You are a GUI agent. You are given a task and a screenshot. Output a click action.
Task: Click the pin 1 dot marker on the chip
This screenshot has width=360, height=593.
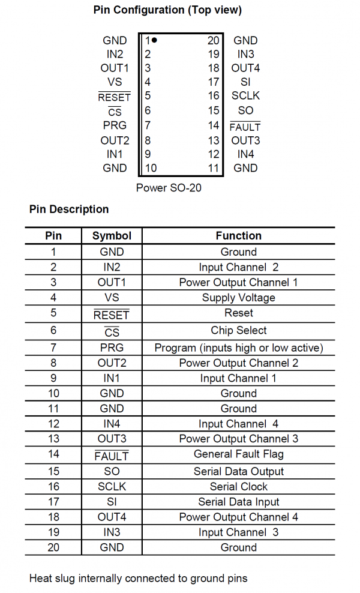coord(155,40)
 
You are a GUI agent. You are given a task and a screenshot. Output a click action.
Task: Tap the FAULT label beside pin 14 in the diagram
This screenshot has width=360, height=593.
coord(245,127)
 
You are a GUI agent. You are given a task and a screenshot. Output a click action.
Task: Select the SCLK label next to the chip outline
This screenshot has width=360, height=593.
coord(245,95)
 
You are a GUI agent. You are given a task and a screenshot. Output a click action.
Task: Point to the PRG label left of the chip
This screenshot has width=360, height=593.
coord(115,125)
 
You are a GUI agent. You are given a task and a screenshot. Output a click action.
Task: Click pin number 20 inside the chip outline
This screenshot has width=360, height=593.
coord(213,41)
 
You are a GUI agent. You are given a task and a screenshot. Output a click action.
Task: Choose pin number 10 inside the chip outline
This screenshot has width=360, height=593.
coord(151,169)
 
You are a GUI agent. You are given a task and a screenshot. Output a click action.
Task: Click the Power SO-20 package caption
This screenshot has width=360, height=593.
coord(169,188)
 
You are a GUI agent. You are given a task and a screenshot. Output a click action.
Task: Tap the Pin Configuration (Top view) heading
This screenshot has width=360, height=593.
coord(168,10)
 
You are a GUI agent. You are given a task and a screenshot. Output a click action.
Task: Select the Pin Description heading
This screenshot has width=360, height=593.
coord(69,209)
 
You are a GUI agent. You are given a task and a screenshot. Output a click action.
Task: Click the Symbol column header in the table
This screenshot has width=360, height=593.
coord(112,236)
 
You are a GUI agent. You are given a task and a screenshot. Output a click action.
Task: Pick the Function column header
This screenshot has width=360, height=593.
coord(238,236)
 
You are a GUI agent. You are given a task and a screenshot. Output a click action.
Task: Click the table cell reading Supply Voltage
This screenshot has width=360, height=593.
coord(238,298)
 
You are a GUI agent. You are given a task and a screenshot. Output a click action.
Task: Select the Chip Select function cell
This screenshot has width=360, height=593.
coord(238,330)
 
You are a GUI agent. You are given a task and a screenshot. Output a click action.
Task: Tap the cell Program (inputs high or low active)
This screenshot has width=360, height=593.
coord(238,348)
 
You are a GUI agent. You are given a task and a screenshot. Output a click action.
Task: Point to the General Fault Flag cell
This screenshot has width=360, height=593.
coord(238,454)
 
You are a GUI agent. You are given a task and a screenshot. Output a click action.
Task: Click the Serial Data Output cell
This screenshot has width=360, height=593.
coord(238,472)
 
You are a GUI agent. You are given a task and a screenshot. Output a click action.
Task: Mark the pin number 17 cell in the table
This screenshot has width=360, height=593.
coord(53,502)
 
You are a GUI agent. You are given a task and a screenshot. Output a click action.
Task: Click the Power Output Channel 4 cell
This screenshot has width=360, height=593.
coord(238,517)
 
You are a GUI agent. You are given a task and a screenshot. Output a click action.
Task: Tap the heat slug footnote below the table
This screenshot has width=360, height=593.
coord(138,579)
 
